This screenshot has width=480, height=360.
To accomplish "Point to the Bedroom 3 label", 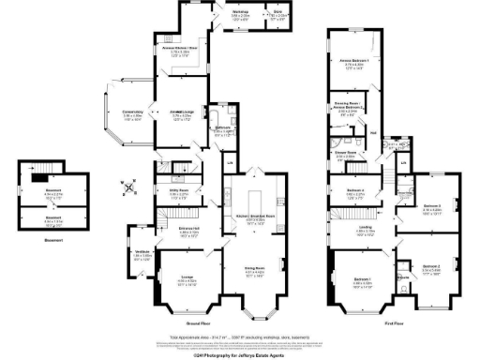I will (x=431, y=208).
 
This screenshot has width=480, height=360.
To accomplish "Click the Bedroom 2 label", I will (x=431, y=268).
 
